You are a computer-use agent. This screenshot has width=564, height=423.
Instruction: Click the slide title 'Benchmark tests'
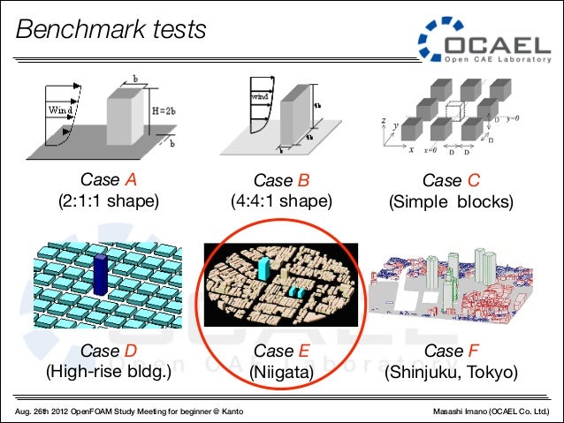click(x=111, y=30)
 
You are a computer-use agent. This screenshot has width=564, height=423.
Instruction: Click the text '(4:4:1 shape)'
click(x=281, y=201)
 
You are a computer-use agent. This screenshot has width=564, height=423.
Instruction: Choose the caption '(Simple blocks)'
click(x=451, y=201)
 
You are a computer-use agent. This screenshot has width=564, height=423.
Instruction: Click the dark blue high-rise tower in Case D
click(x=100, y=273)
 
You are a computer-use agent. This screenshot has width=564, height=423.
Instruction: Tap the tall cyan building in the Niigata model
click(x=264, y=265)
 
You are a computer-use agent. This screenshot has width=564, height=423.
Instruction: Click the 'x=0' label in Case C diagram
click(x=431, y=149)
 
